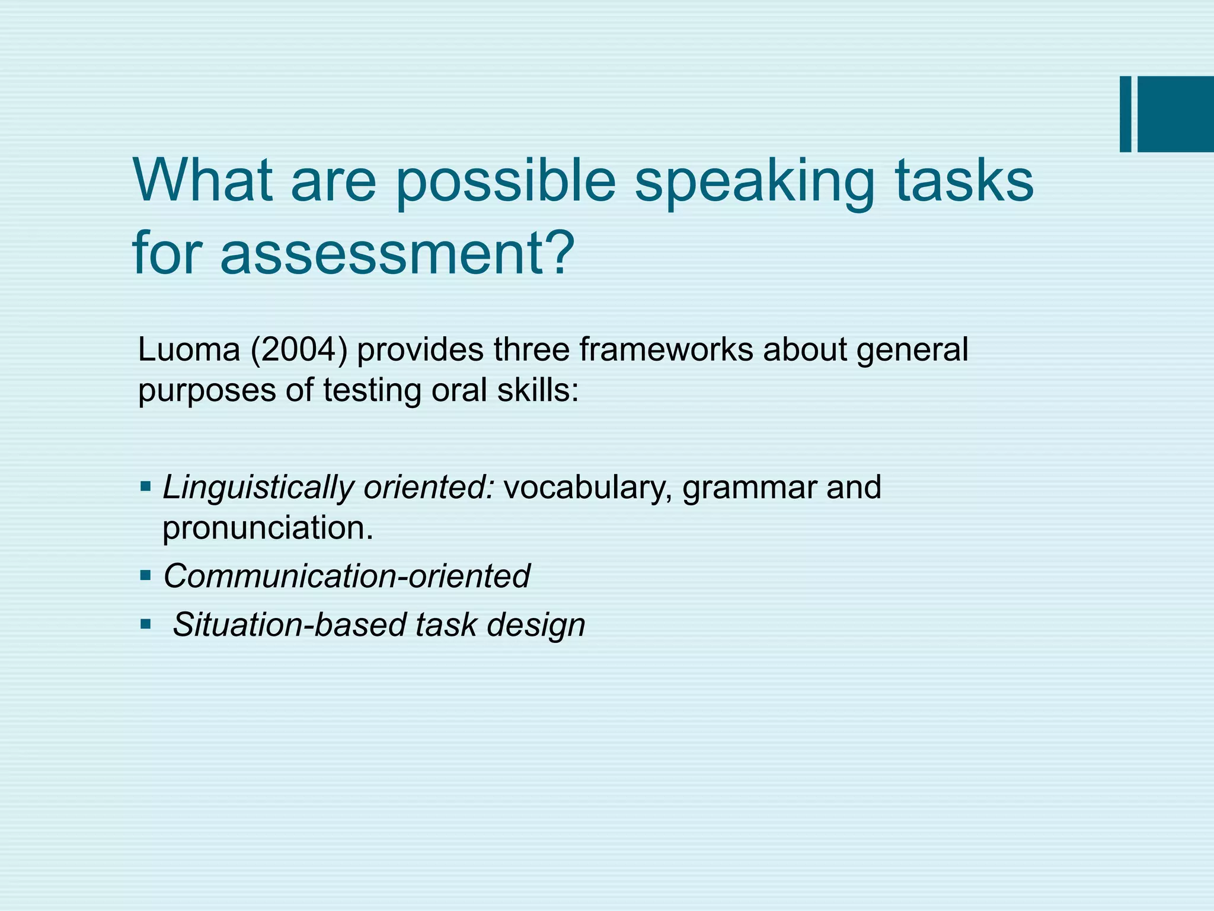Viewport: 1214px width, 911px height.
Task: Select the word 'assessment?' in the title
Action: coord(397,254)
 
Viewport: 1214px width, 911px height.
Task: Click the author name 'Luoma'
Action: coord(189,349)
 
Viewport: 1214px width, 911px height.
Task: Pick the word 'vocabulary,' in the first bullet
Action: coord(588,488)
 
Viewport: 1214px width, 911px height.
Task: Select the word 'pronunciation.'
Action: coord(267,527)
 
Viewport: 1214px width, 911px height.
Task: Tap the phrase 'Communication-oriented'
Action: coord(346,576)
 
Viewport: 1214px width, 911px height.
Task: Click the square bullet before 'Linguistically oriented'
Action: coord(146,488)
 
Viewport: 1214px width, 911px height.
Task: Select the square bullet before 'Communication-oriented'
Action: coord(146,575)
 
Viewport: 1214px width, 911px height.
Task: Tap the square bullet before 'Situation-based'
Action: coord(146,624)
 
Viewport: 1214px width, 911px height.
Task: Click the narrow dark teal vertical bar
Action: coord(1125,114)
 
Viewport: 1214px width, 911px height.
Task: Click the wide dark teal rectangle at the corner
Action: coord(1175,114)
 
